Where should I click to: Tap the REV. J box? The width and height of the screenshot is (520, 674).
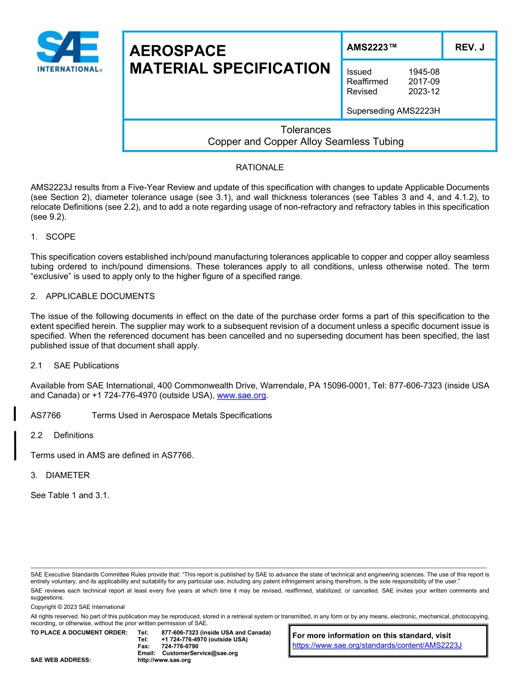pos(469,48)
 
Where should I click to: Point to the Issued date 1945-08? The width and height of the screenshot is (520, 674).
pos(424,72)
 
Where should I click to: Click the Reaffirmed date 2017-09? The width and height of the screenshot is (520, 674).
pos(424,82)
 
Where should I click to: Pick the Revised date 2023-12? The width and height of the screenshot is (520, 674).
pos(424,92)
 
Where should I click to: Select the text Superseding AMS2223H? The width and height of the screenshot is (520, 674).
pos(393,111)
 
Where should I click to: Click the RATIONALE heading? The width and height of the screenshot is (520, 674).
pos(259,168)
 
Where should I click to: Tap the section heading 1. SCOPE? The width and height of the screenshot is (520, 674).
pos(53,237)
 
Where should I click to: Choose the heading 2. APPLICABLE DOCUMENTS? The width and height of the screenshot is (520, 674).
pos(93,296)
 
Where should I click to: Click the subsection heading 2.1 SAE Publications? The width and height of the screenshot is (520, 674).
pos(74,365)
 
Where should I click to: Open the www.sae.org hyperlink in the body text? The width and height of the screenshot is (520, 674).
pos(241,396)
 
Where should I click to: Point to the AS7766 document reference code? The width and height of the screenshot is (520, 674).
pos(45,415)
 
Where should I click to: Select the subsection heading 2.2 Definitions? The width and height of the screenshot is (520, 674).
pos(62,435)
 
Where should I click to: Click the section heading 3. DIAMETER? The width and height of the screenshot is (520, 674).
pos(60,475)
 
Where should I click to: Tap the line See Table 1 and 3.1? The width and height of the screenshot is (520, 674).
pos(70,495)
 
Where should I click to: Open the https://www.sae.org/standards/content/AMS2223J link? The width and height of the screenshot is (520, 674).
pos(377,646)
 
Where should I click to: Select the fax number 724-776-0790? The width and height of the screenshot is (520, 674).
pos(180,647)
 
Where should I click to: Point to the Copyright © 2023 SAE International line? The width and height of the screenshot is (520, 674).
pos(78,607)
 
